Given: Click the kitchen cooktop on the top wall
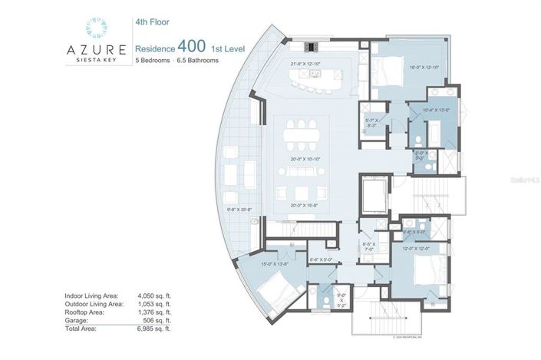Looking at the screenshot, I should click(315, 44).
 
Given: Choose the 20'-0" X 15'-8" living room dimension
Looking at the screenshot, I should click(305, 205).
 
